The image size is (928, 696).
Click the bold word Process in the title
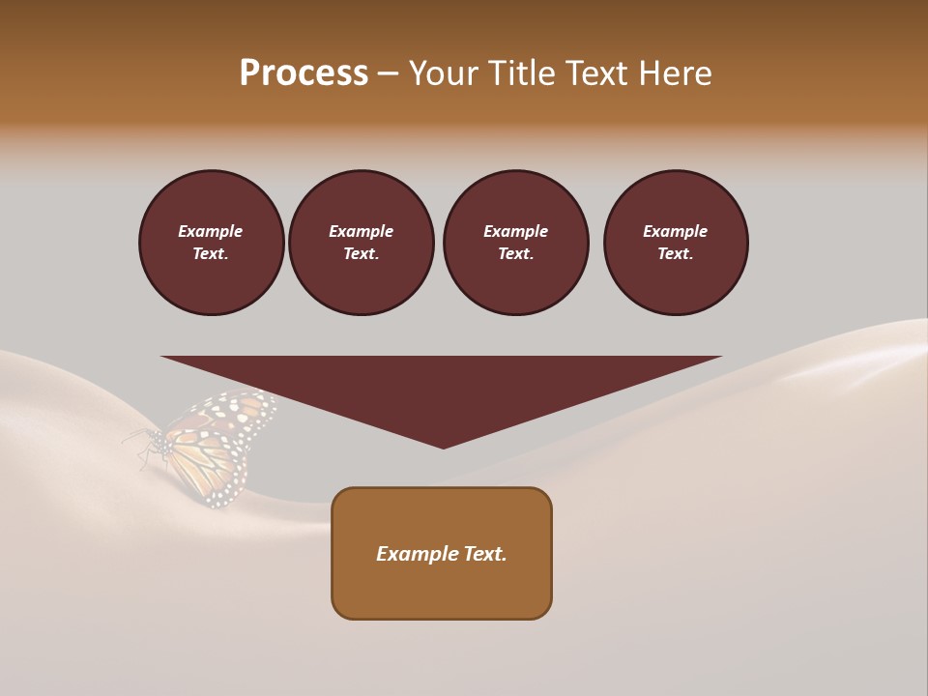pyautogui.click(x=304, y=73)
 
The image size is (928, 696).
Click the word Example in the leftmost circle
pyautogui.click(x=211, y=231)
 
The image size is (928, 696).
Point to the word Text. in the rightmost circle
pyautogui.click(x=675, y=254)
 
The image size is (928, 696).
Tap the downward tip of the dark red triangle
pyautogui.click(x=443, y=446)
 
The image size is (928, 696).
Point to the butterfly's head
pyautogui.click(x=155, y=440)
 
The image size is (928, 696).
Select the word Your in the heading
pyautogui.click(x=445, y=73)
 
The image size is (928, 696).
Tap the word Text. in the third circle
pyautogui.click(x=515, y=254)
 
